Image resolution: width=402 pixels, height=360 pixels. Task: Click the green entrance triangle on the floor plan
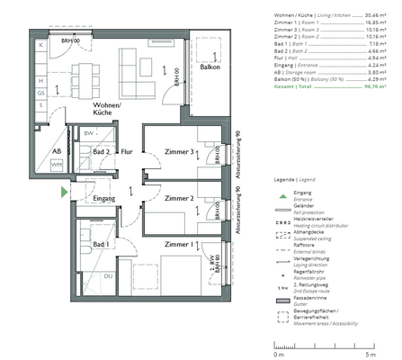(62, 192)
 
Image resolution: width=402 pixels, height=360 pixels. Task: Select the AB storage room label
(56, 152)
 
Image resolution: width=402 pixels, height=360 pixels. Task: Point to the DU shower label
(108, 276)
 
